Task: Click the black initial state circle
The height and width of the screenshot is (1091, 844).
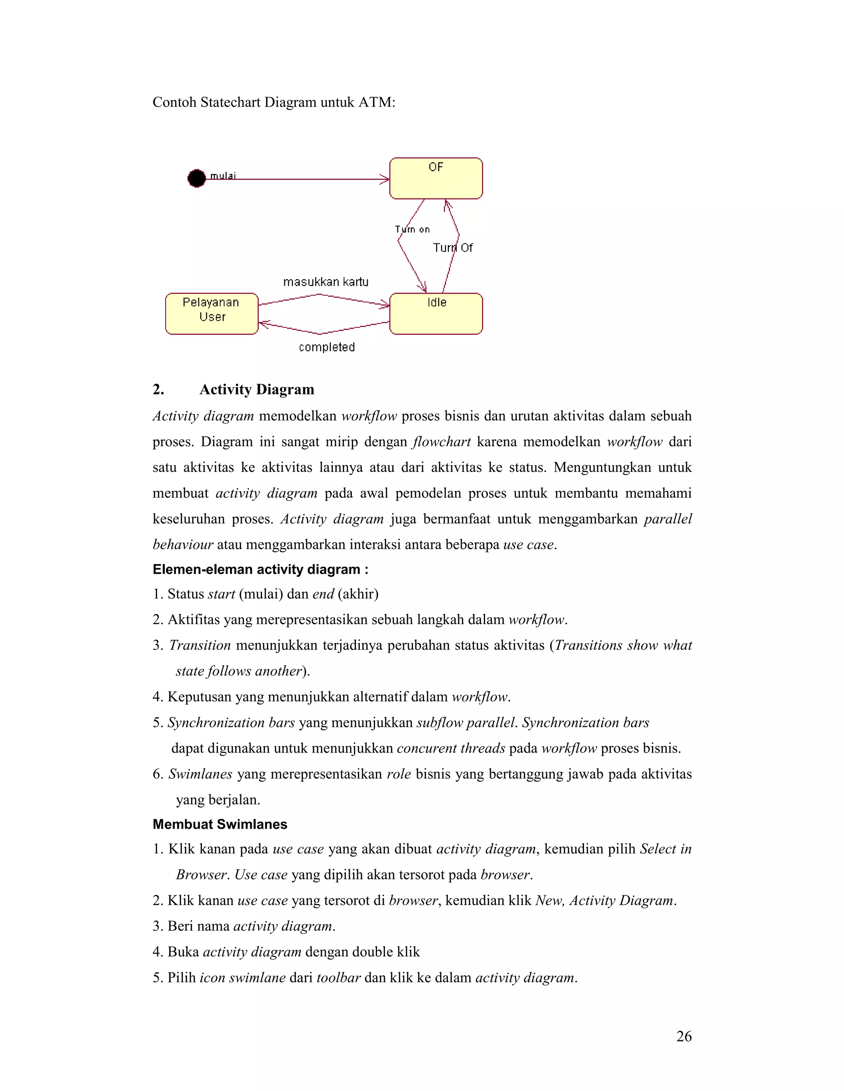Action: [x=197, y=178]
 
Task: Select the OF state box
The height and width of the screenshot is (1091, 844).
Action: [x=436, y=179]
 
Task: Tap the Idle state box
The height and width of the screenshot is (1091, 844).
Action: [x=436, y=314]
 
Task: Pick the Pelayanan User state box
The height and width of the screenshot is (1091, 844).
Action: [x=211, y=314]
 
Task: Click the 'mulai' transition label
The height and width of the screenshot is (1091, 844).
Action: [x=223, y=175]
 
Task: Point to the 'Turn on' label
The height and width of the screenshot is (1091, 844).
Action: [x=413, y=229]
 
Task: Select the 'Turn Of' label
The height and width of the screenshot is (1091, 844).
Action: [x=452, y=248]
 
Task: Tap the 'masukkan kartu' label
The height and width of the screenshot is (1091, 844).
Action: [x=326, y=282]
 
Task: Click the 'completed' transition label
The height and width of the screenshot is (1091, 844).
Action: [x=326, y=347]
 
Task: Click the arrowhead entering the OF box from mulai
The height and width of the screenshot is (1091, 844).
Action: [x=385, y=179]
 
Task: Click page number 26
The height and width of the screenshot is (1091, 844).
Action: [x=684, y=1037]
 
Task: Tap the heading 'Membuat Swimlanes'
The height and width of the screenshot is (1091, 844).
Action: [x=220, y=824]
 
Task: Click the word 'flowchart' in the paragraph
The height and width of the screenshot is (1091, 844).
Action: [x=441, y=442]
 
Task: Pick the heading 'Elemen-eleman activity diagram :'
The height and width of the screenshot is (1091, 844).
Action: [x=260, y=569]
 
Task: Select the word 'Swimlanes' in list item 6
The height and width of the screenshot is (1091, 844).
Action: [x=200, y=774]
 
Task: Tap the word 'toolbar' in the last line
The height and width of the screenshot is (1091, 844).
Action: [x=338, y=978]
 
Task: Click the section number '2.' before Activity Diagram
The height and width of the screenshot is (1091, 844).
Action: [x=159, y=389]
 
